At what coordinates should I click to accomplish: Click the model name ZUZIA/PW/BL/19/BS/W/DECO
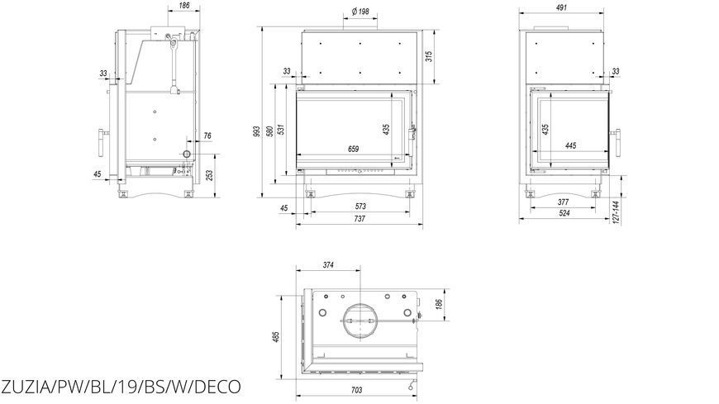pos(120,386)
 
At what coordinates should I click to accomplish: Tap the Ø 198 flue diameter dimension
pos(360,12)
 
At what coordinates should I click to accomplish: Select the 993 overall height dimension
pos(256,131)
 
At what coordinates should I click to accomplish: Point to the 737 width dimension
pos(360,219)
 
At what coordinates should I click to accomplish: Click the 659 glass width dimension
pos(353,149)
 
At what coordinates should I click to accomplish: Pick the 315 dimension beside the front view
pos(429,56)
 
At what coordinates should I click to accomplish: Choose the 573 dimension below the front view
pos(360,207)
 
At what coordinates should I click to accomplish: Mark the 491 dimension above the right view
pos(561,7)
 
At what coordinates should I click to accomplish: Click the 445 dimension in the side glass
pos(570,146)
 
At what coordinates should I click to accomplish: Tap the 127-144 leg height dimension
pos(616,212)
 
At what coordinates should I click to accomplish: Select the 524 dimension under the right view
pos(564,213)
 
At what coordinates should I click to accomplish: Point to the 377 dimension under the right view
pos(563,202)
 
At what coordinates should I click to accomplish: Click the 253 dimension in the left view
pos(210,176)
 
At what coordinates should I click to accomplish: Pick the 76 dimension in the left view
pos(207,135)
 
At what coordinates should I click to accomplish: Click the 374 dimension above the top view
pos(328,265)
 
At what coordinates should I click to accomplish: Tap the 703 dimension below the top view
pos(356,390)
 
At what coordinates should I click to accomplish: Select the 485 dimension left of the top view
pos(275,337)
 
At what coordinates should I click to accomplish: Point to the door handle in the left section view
pos(101,144)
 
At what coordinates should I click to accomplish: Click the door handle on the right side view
pos(617,144)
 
